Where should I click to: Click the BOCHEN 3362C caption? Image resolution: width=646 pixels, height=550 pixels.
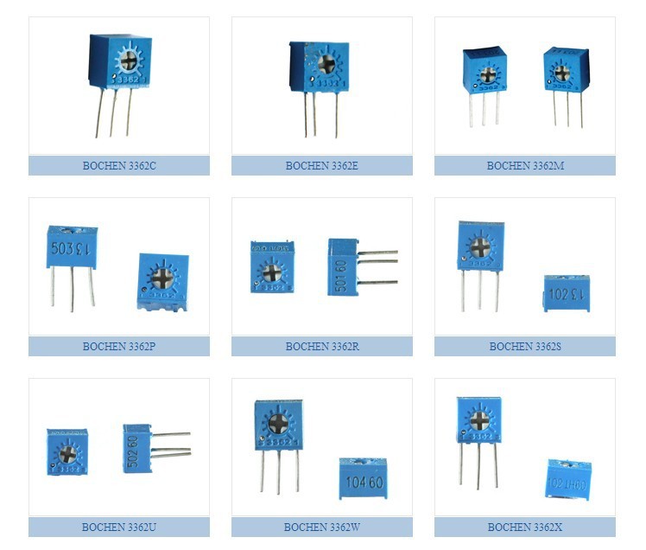[x=119, y=165]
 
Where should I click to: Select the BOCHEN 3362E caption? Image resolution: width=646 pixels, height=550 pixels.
[x=321, y=165]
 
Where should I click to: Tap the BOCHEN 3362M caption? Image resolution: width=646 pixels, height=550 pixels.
[x=524, y=165]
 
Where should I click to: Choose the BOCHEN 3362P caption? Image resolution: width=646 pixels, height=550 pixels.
[x=119, y=346]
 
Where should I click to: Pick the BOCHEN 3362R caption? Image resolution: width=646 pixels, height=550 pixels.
[x=321, y=346]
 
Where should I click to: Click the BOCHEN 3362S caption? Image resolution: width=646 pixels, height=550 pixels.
[x=524, y=346]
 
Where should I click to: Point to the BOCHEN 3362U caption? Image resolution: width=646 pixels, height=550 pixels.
[x=119, y=527]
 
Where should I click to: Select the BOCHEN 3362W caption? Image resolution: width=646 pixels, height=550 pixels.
[x=321, y=527]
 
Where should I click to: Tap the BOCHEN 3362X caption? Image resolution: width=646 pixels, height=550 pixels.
[x=524, y=527]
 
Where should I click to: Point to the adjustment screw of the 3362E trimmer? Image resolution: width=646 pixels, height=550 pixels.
[x=326, y=63]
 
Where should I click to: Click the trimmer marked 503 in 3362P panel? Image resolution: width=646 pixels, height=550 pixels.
[x=71, y=246]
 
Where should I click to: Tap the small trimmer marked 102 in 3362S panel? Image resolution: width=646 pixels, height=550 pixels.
[x=567, y=293]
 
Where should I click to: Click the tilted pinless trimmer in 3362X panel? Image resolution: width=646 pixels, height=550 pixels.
[x=568, y=478]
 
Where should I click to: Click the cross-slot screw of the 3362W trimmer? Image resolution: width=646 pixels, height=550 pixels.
[x=278, y=423]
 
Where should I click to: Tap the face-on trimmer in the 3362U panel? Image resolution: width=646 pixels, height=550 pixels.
[x=67, y=450]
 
